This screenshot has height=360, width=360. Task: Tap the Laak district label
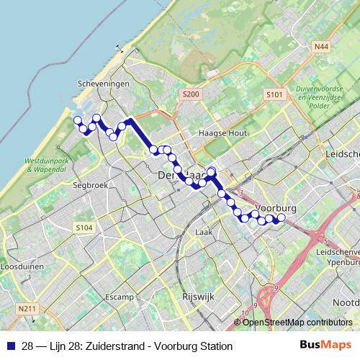pos(203,232)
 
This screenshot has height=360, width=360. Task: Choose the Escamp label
pos(119,297)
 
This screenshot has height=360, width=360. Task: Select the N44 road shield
pos(321,47)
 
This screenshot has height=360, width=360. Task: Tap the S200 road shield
pos(190,94)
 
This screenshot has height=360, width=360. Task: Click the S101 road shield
pos(272,94)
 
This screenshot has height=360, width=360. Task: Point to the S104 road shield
pos(84,228)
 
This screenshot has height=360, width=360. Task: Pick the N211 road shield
pos(27,309)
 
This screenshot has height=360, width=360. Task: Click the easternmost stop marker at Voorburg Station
pos(282,217)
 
